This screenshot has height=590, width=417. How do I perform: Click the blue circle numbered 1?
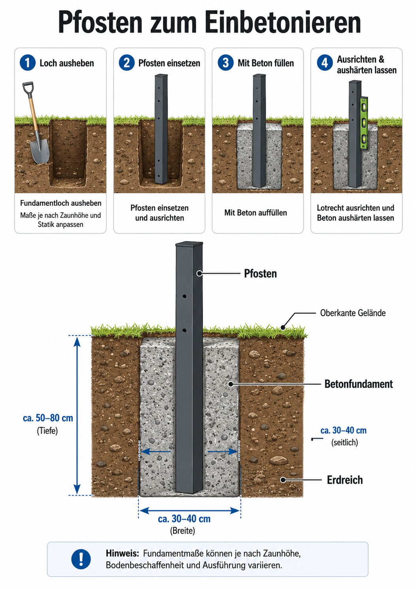coord(27,63)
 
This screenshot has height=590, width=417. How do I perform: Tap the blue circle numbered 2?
coord(126,63)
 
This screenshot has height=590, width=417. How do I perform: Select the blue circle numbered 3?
coord(225,63)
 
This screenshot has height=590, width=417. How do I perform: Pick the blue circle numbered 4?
coord(325,63)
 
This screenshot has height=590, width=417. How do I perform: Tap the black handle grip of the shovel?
coord(28,88)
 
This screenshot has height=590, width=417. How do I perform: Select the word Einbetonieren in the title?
coord(283,22)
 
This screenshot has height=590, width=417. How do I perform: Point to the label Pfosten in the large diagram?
coord(260,273)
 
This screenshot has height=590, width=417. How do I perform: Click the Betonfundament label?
coord(359,384)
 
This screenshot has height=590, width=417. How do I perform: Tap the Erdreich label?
coord(345,480)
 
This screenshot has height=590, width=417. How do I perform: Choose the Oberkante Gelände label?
coord(353,313)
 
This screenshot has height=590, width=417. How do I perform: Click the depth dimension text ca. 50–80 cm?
coord(48,418)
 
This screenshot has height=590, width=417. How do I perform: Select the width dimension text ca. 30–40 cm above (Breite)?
coord(184,519)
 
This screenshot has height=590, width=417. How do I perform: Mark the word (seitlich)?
coord(345,442)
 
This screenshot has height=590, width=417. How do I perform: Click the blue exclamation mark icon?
coord(81,559)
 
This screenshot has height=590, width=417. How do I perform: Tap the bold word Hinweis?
coord(123,553)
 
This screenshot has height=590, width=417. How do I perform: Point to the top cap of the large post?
coord(189,244)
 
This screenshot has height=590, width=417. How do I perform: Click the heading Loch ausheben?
coord(67,63)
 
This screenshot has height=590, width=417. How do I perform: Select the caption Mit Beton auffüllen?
coord(255,212)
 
